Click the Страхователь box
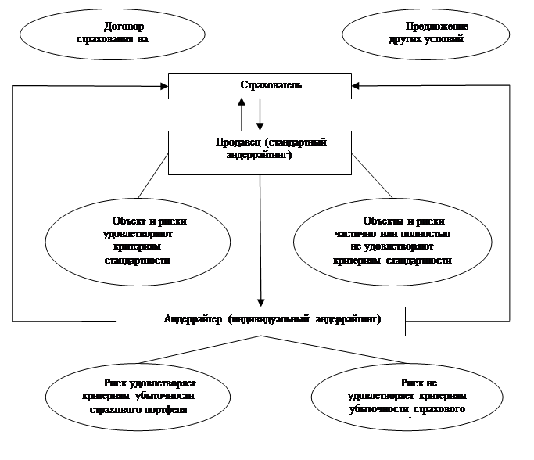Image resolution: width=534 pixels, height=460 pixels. pos(260,85)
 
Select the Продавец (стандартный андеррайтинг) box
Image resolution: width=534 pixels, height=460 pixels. pos(260,152)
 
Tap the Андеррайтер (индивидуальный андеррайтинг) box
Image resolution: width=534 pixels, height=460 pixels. pos(260,320)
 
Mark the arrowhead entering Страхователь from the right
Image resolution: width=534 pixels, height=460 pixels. pos(356,85)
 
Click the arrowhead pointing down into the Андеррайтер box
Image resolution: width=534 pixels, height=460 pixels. pos(260,301)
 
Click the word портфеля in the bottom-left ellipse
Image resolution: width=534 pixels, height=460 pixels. pos(170,408)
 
